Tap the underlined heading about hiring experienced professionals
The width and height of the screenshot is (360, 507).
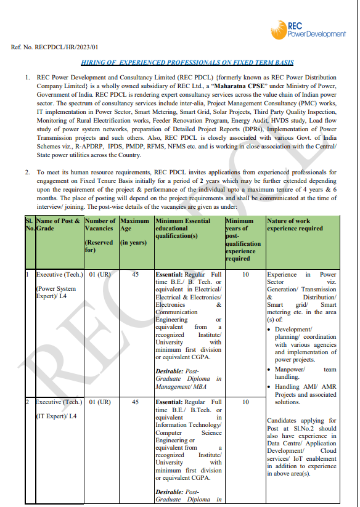click(187, 63)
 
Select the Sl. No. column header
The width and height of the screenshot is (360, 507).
click(28, 224)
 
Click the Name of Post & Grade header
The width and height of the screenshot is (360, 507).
click(58, 224)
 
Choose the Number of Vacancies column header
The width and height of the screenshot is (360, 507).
click(100, 234)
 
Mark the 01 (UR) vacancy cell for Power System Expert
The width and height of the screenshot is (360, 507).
click(100, 274)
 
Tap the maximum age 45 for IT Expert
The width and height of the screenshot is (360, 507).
click(135, 402)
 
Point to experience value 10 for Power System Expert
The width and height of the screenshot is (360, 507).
click(245, 274)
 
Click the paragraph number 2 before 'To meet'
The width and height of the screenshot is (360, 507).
click(27, 172)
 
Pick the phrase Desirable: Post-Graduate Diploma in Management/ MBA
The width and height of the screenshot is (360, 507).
click(188, 379)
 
